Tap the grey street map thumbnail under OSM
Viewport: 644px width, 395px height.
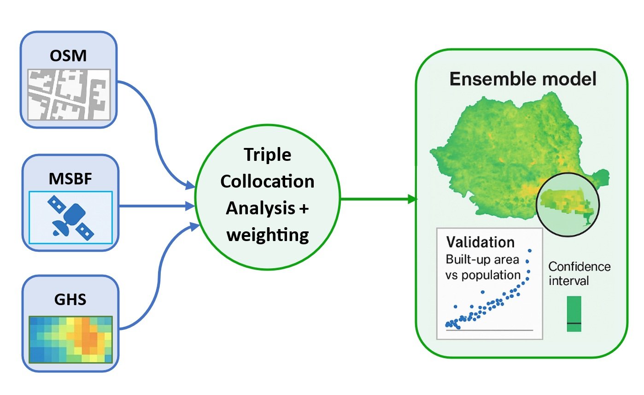click(x=69, y=95)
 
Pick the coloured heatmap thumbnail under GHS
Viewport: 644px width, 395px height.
click(x=70, y=339)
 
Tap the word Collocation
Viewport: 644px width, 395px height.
click(x=267, y=182)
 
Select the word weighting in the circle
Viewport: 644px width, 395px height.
click(x=268, y=235)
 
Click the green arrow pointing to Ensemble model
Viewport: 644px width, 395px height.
click(x=378, y=199)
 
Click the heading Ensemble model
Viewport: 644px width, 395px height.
click(x=523, y=79)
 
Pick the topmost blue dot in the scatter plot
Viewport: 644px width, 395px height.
click(x=530, y=251)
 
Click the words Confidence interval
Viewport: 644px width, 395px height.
click(x=580, y=273)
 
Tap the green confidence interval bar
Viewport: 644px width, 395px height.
click(x=574, y=314)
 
